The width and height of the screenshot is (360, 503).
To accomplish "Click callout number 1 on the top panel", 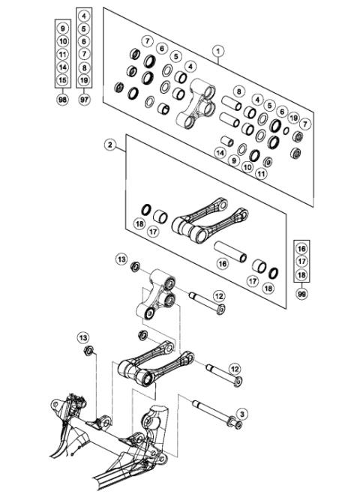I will tap(217, 51).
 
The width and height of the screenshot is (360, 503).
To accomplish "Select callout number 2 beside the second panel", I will tap(110, 146).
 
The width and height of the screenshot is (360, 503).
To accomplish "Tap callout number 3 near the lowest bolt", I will tap(242, 413).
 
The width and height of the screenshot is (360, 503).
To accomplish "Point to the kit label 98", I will tap(63, 98).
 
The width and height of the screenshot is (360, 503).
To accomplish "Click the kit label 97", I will tap(84, 98).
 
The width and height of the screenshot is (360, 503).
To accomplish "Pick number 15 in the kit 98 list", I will tap(63, 79).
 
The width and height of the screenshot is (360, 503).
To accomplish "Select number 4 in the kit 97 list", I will tap(84, 16).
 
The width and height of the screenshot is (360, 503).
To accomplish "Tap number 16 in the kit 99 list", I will tap(301, 248).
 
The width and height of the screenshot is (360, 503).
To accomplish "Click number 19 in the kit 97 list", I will tap(84, 79).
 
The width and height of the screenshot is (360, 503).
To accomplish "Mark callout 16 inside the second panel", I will tap(223, 264).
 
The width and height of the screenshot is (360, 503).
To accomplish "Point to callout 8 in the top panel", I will tap(238, 91).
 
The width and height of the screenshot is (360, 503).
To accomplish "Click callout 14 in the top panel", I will tap(220, 152).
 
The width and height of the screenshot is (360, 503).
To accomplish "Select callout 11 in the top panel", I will tap(262, 173).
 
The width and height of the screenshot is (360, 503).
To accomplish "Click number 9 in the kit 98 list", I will tap(63, 28).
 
